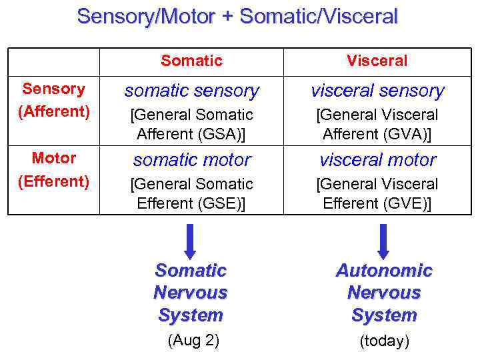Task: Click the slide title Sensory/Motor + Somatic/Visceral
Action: pyautogui.click(x=237, y=16)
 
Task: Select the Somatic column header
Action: pyautogui.click(x=191, y=61)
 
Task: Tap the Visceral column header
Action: pyautogui.click(x=377, y=61)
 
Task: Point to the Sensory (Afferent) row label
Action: pyautogui.click(x=54, y=100)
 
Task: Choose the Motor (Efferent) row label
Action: pyautogui.click(x=54, y=169)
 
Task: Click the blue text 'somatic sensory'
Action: pyautogui.click(x=191, y=91)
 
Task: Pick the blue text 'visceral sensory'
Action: pyautogui.click(x=377, y=91)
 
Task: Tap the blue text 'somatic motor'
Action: pyautogui.click(x=191, y=160)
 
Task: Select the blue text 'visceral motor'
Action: pyautogui.click(x=377, y=160)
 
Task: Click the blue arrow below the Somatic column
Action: pyautogui.click(x=191, y=241)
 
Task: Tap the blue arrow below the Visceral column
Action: pyautogui.click(x=383, y=241)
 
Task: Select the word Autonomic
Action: pyautogui.click(x=384, y=271)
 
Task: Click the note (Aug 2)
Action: pyautogui.click(x=193, y=341)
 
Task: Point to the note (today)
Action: pyautogui.click(x=384, y=341)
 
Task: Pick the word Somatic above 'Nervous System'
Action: pyautogui.click(x=191, y=271)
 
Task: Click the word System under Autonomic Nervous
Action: pyautogui.click(x=384, y=315)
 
